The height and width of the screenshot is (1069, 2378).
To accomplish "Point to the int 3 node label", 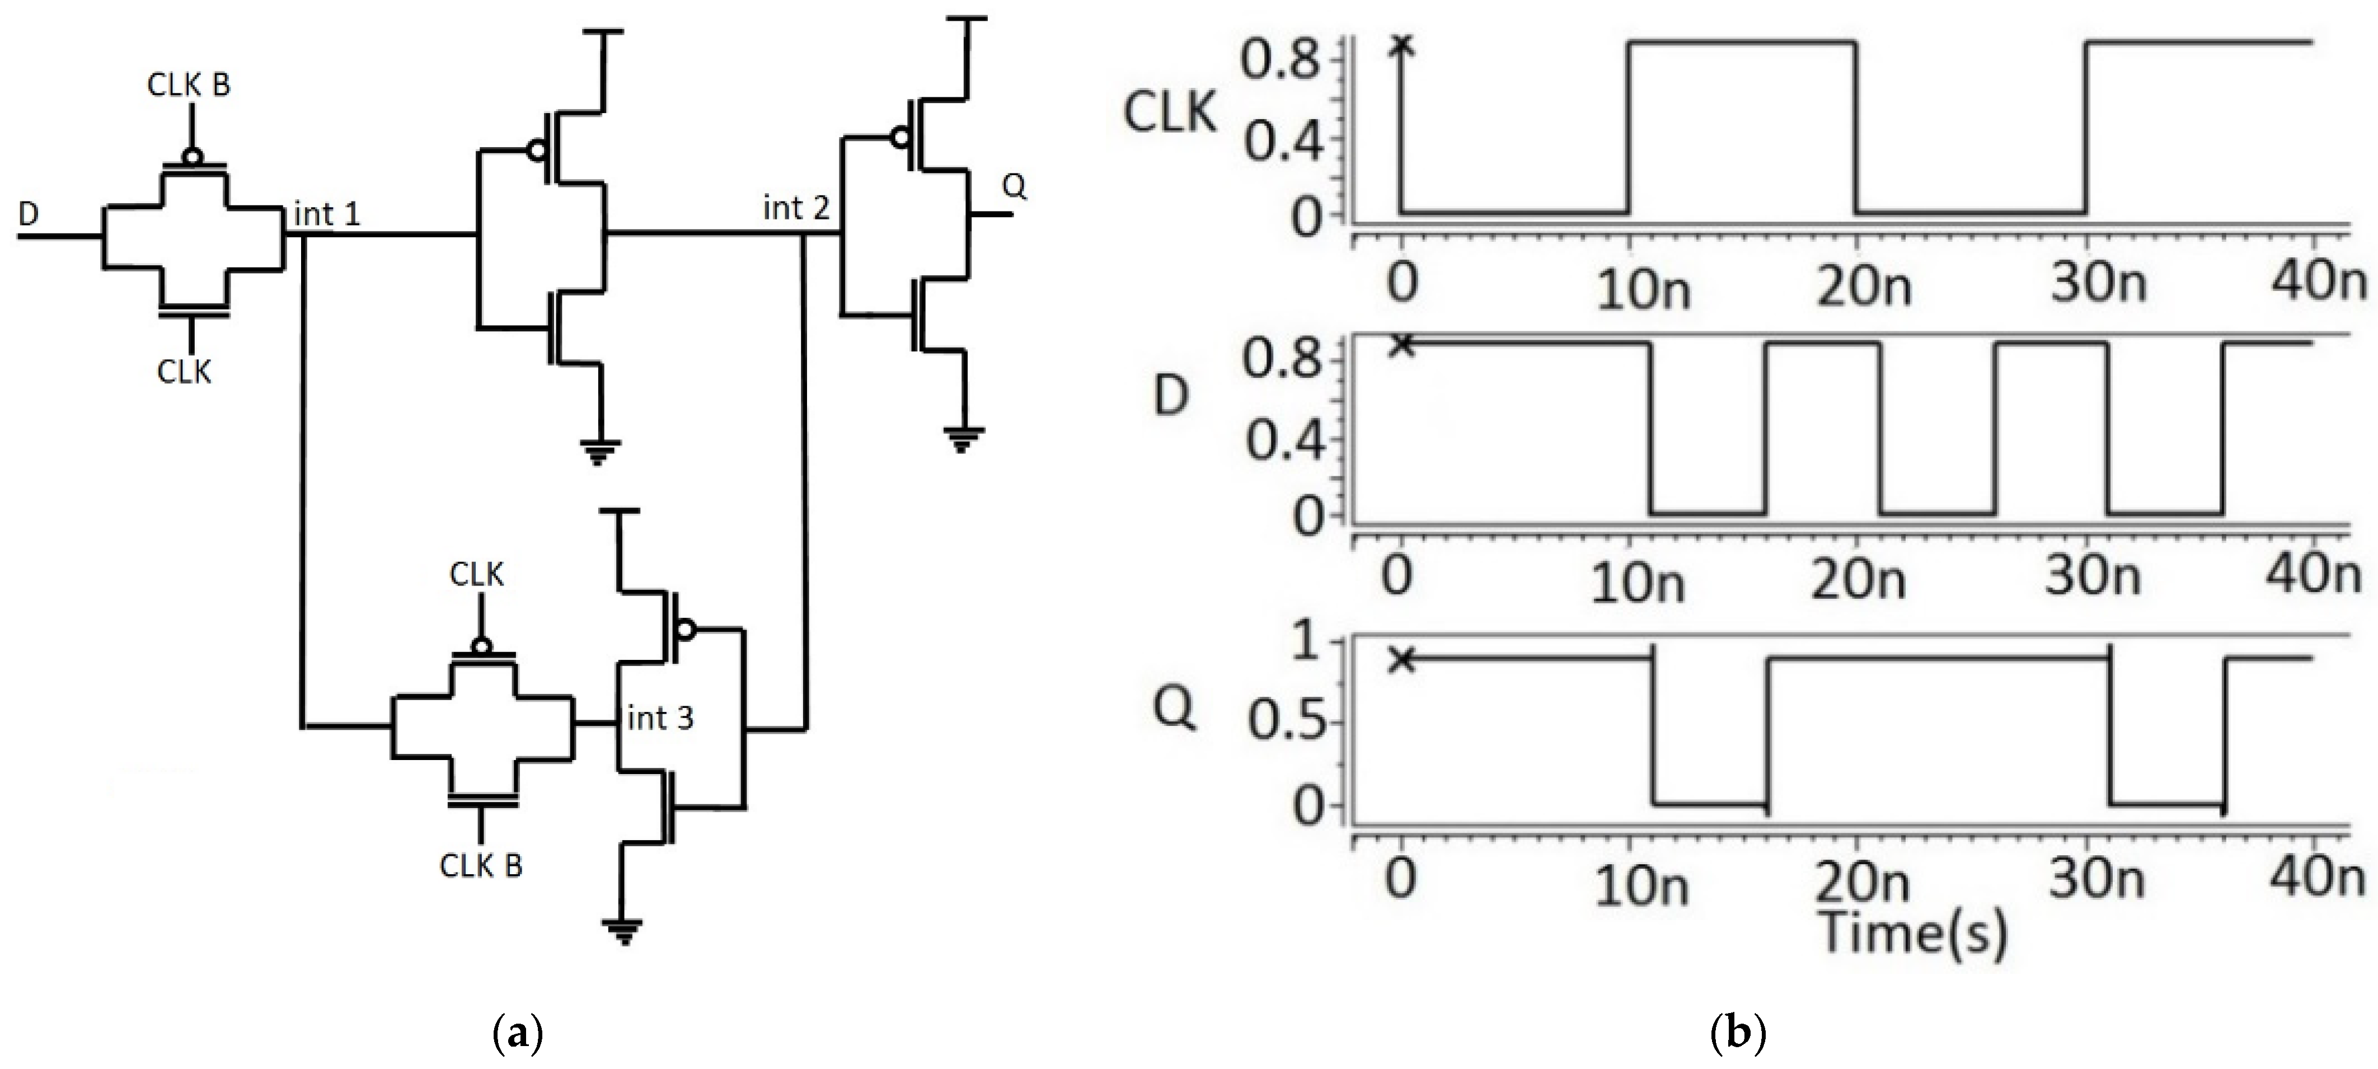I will click(x=659, y=718).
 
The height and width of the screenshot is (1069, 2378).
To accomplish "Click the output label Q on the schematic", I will click(x=1014, y=186).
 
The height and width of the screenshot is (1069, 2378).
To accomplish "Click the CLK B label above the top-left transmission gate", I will click(x=188, y=85).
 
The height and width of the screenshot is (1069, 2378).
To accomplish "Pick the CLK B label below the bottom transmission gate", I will click(x=481, y=866).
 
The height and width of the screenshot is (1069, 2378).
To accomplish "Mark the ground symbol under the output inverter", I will click(x=963, y=438).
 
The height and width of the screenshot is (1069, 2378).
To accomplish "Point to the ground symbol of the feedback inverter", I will click(x=622, y=931).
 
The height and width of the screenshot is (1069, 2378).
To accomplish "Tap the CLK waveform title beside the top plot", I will click(x=1169, y=114).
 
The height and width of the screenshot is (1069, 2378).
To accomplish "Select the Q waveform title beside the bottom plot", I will click(x=1174, y=709).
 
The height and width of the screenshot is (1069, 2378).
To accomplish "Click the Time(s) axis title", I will click(x=1913, y=934).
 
